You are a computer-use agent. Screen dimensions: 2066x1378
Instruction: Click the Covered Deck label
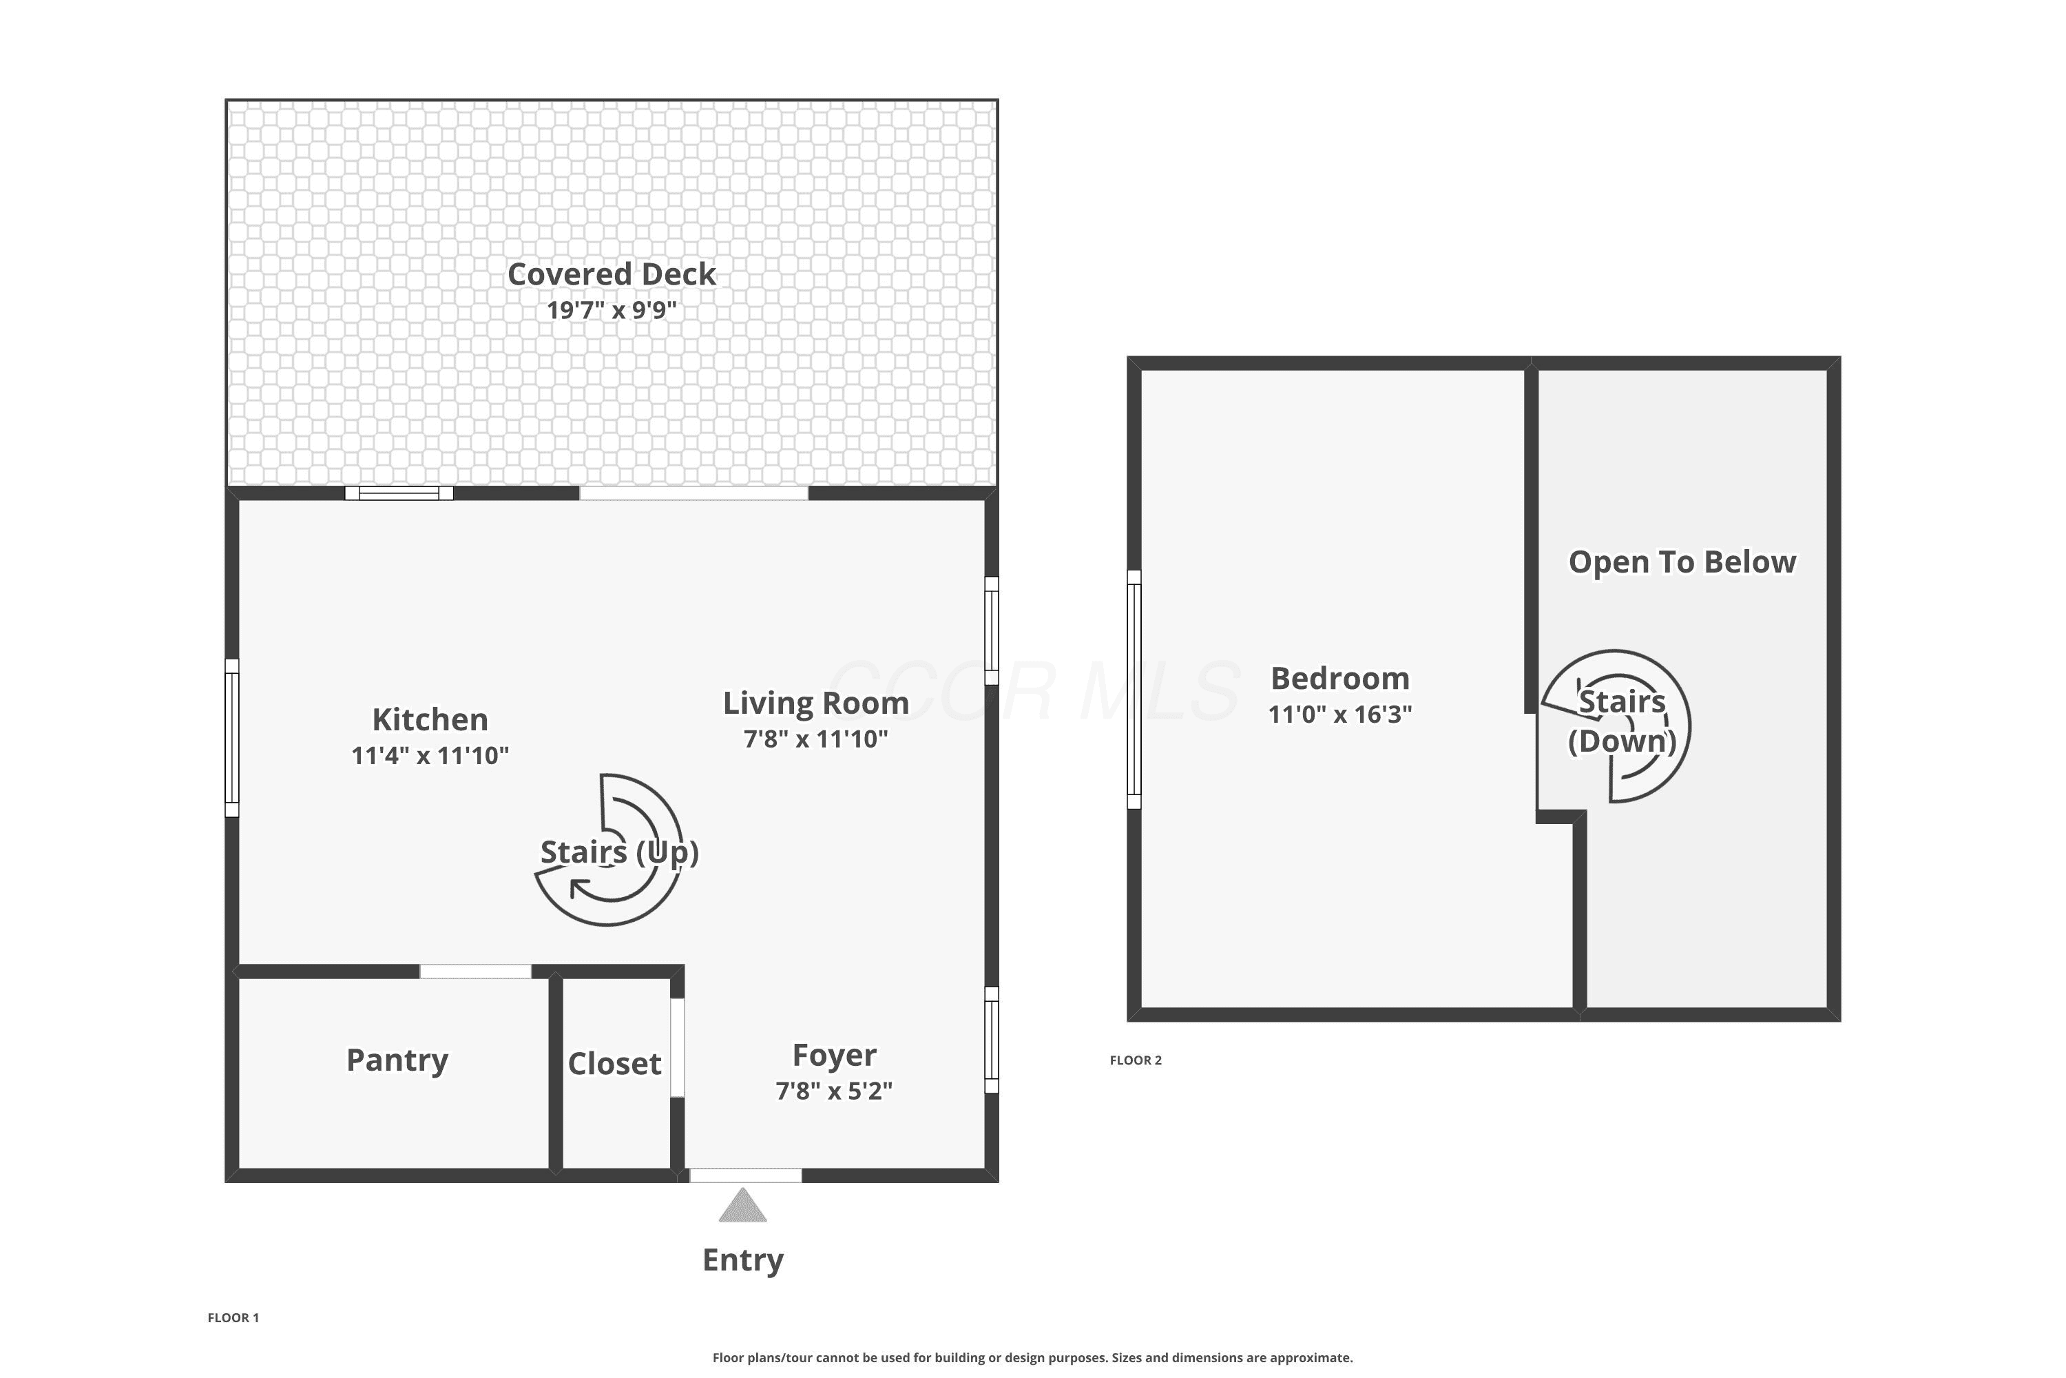point(612,274)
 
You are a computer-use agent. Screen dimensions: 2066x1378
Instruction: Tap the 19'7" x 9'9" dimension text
point(612,310)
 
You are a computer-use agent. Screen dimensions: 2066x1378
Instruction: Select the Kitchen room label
point(430,720)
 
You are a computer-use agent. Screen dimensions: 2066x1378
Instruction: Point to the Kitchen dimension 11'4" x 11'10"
point(430,756)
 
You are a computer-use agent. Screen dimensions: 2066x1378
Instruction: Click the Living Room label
point(816,703)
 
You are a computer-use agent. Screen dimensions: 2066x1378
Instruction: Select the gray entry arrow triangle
point(743,1205)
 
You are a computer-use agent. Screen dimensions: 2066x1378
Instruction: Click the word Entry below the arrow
point(743,1260)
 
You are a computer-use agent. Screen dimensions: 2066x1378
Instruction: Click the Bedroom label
point(1339,679)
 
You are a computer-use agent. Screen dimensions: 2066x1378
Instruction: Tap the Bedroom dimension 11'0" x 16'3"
point(1339,714)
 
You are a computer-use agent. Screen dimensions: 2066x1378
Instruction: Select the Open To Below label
point(1682,562)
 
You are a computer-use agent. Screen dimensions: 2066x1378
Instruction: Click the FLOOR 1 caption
point(233,1317)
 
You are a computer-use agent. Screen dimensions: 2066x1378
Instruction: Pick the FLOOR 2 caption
point(1136,1060)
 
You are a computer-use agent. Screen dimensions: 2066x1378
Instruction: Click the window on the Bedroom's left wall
point(1134,689)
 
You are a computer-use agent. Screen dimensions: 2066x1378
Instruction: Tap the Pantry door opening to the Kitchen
point(475,971)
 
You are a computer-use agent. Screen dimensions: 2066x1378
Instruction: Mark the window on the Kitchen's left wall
point(232,738)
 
